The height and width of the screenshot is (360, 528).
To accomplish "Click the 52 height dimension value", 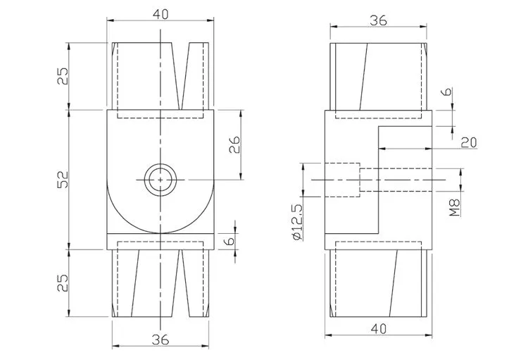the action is coord(63,180).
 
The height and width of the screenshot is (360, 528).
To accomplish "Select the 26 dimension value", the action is coord(234,144).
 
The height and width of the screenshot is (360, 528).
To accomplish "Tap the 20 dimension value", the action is coord(469,142).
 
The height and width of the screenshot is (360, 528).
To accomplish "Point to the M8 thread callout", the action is coord(455,207).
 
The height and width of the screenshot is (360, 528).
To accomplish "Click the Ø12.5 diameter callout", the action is coord(298,222).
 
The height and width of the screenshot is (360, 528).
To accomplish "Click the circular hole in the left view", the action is coord(161,180).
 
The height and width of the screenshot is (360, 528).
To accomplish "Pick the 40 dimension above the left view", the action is coord(161,14).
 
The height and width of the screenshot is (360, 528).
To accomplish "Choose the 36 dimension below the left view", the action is coord(161,340).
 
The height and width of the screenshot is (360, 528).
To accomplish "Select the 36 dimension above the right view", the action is coord(378,20).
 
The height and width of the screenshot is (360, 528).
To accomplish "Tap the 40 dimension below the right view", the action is coord(379,329).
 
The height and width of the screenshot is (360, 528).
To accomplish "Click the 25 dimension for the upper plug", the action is coord(63,76).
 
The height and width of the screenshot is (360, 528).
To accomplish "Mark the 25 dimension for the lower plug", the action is coord(63,283).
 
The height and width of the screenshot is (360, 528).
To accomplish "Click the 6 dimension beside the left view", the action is coord(230,241).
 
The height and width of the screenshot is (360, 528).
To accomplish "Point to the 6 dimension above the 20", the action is coord(447,92).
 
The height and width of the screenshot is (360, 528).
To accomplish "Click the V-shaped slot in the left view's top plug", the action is coord(180,76).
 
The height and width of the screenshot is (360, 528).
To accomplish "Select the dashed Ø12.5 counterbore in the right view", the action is coord(342,180).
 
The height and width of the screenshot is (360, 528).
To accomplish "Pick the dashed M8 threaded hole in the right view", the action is coord(396,180).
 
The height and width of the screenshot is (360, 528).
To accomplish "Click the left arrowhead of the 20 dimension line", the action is coord(382,149).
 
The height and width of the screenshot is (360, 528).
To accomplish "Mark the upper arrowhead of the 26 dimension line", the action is coord(241,113).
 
